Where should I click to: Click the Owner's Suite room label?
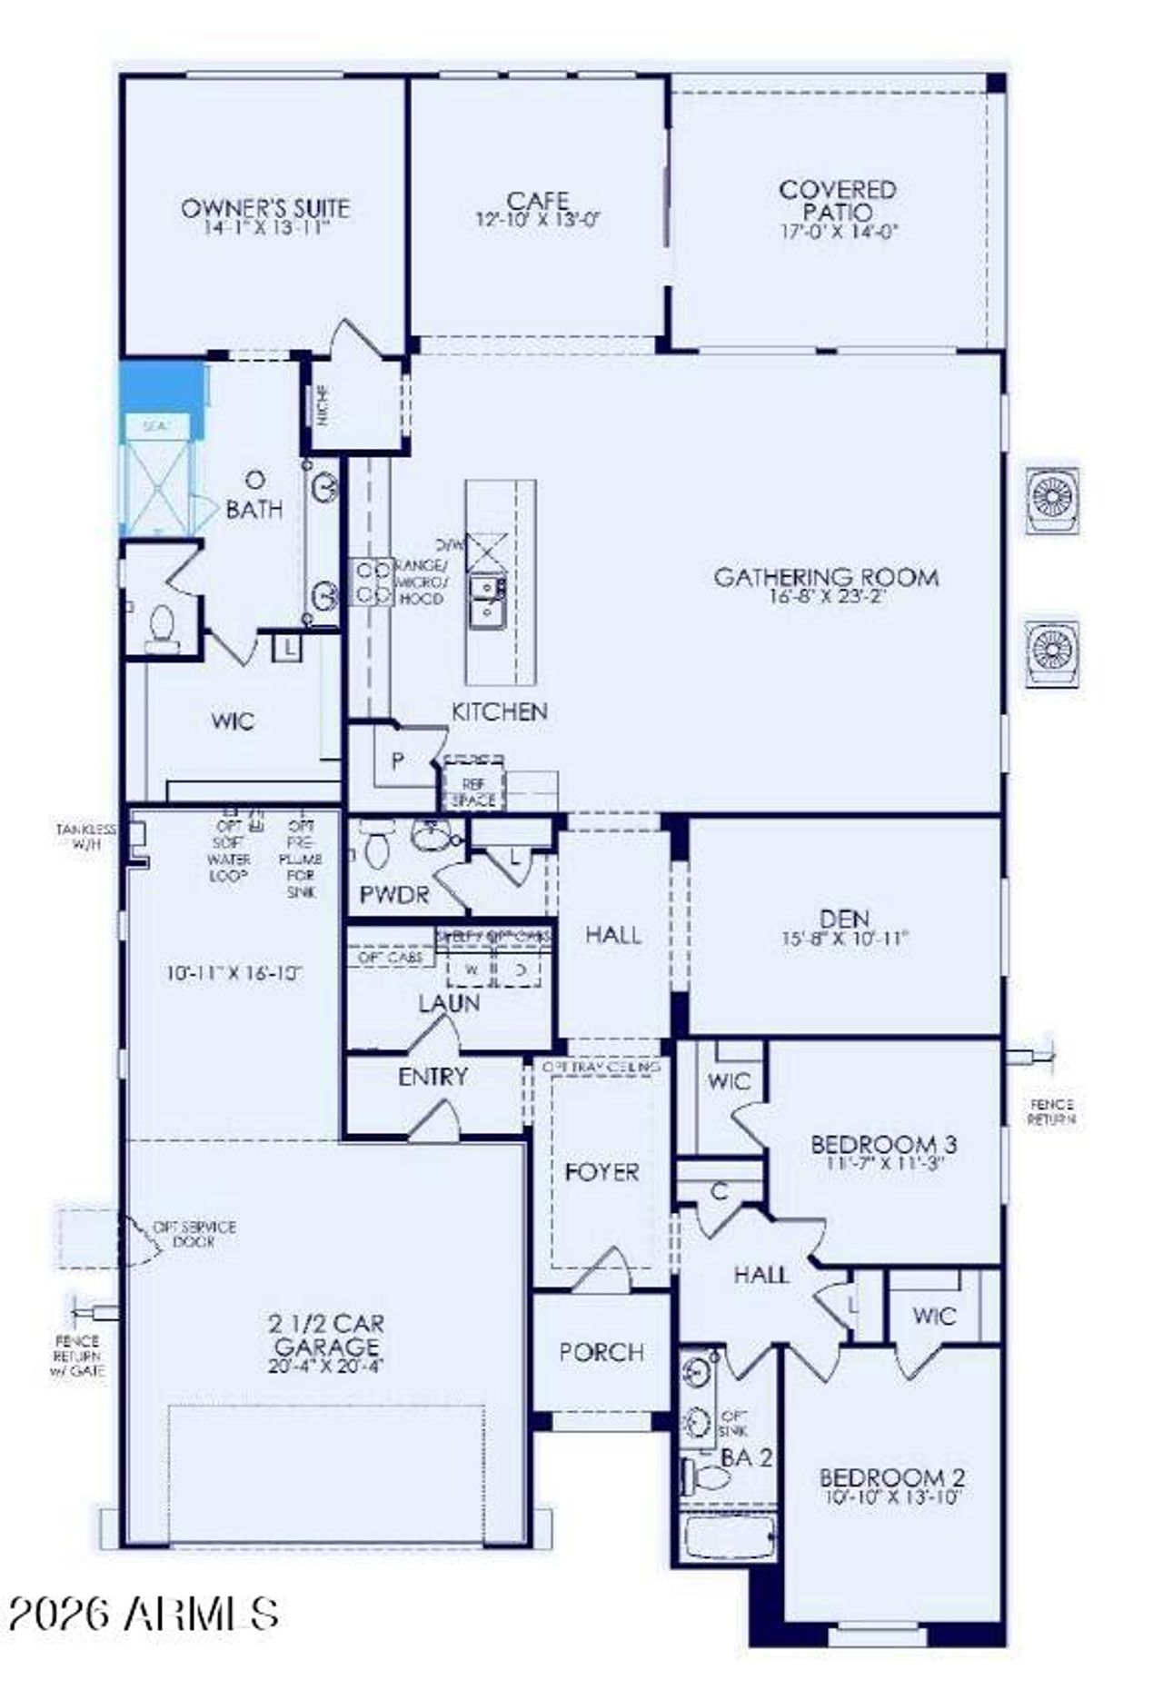tap(264, 208)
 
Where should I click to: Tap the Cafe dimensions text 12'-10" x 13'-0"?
tap(538, 219)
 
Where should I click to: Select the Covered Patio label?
tap(837, 200)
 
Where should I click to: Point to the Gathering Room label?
tap(825, 577)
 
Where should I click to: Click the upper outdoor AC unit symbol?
tap(1053, 499)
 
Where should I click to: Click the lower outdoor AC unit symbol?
tap(1053, 652)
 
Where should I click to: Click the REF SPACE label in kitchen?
tap(473, 790)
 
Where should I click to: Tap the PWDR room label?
tap(394, 895)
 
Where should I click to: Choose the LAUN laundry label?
tap(449, 1003)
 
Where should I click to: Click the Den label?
tap(844, 919)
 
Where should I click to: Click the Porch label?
tap(601, 1352)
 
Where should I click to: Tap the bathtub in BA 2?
tap(729, 1536)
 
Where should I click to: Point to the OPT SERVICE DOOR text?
tap(194, 1234)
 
